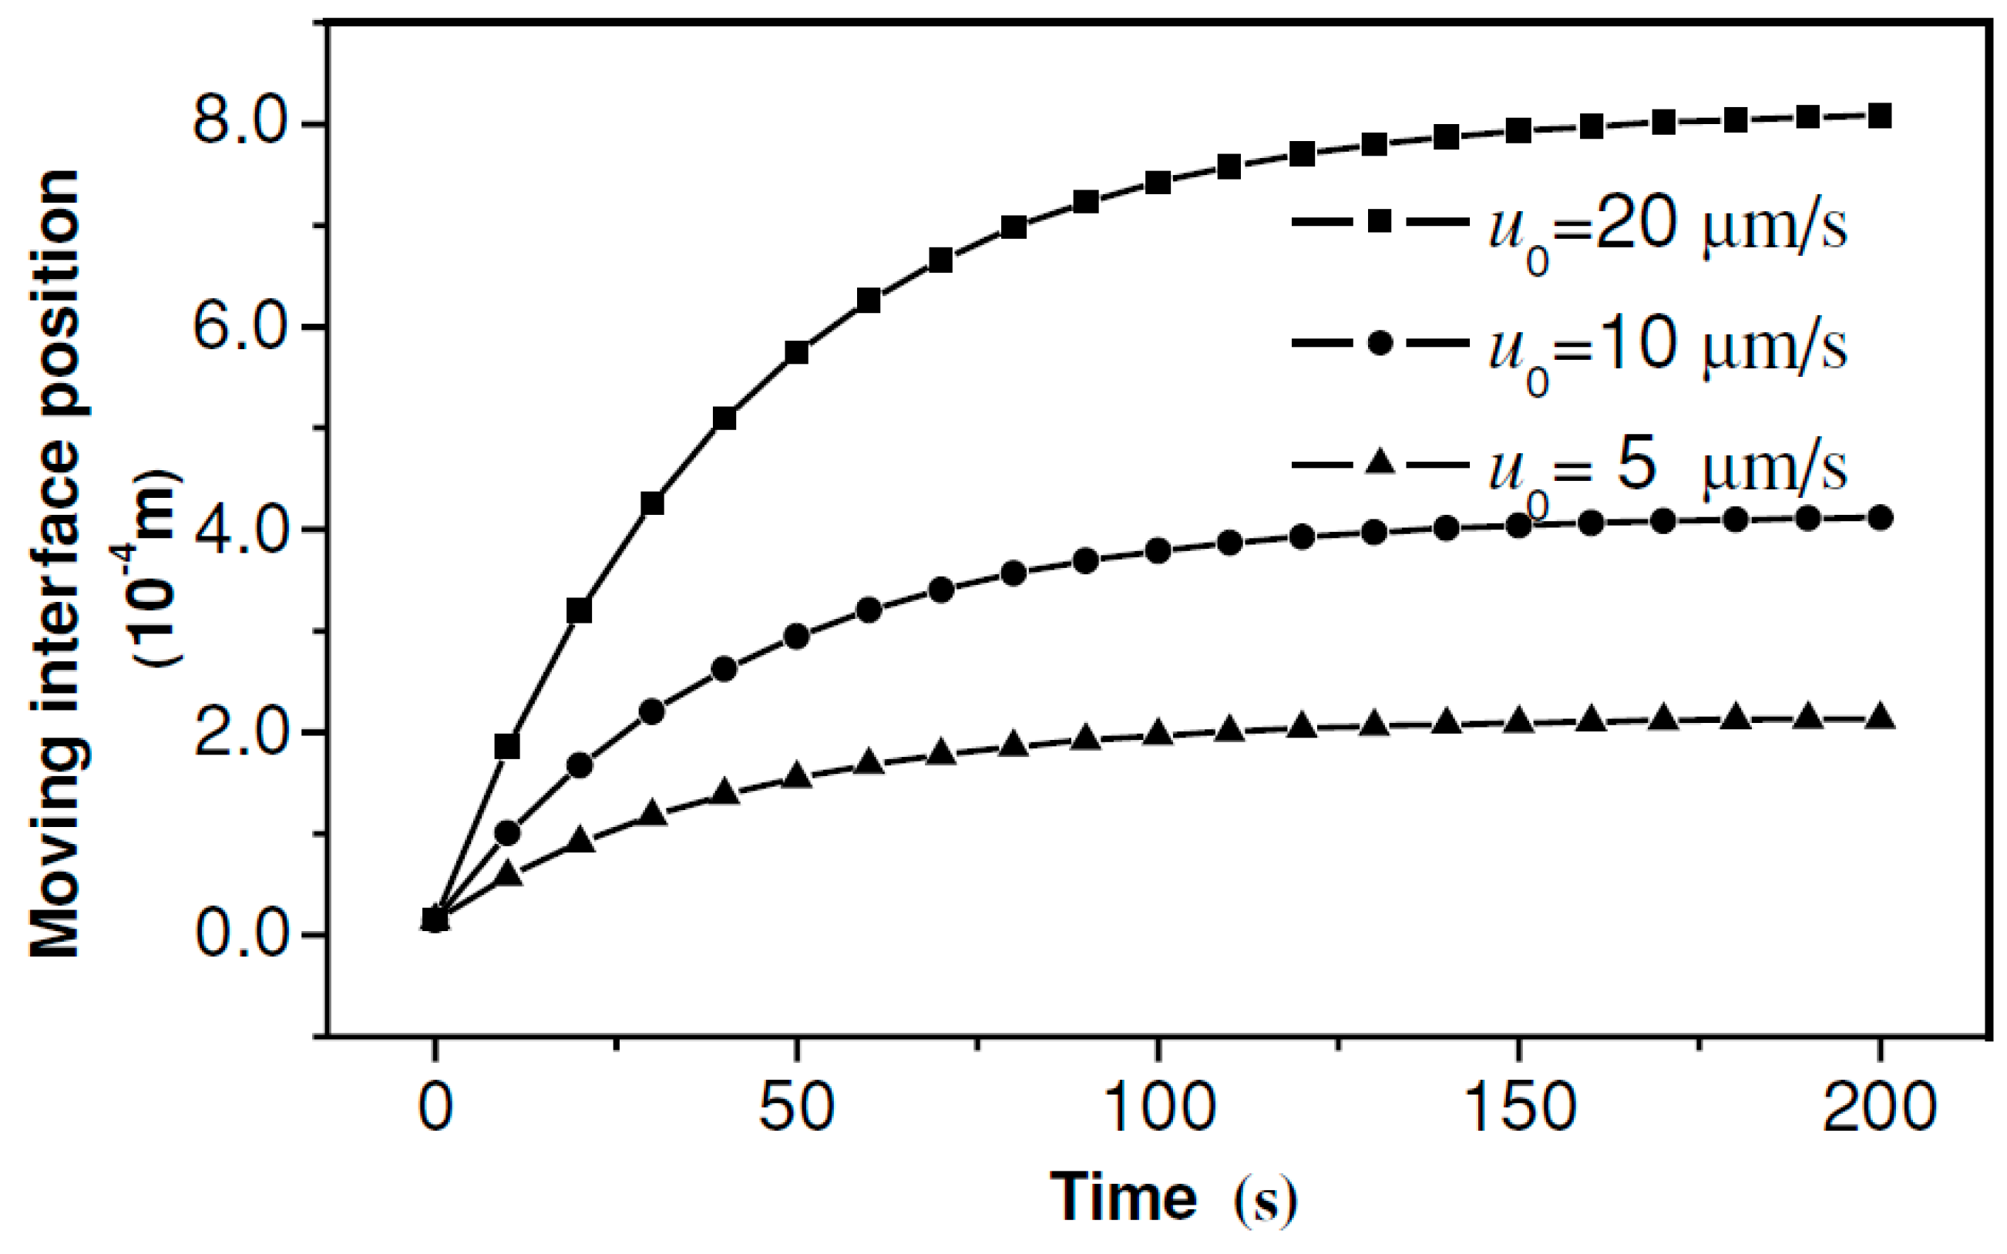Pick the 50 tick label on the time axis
click(795, 1108)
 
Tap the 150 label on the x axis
click(1520, 1108)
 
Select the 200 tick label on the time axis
click(1879, 1108)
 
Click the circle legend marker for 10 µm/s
click(1378, 342)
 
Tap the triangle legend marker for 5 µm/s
click(1378, 461)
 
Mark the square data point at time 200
click(1881, 116)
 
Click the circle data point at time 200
click(1881, 519)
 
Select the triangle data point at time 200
click(1881, 717)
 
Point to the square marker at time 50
click(796, 352)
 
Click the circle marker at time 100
click(1158, 551)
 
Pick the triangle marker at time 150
click(1518, 721)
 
